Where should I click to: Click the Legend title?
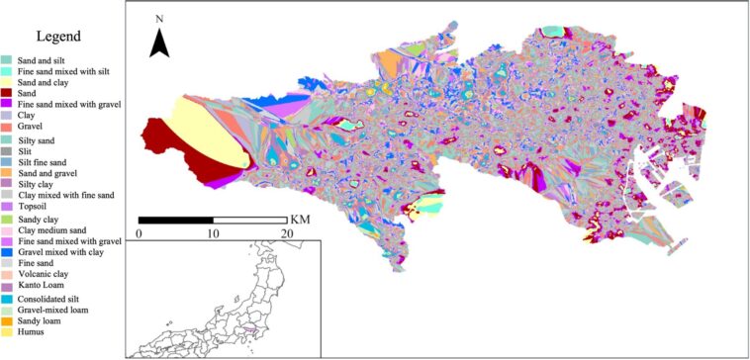(64, 37)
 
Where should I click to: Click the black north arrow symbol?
(161, 43)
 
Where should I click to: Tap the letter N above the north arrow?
(160, 19)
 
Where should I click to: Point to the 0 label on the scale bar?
(140, 233)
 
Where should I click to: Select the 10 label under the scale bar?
(213, 233)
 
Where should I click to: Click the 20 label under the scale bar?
(286, 233)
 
